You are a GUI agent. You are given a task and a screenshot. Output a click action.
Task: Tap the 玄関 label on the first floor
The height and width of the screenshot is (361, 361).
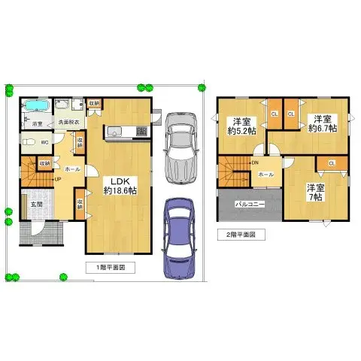(36, 204)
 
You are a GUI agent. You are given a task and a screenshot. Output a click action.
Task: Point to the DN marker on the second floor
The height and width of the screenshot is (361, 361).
(256, 162)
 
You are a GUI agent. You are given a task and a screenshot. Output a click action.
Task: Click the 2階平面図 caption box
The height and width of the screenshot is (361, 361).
(241, 234)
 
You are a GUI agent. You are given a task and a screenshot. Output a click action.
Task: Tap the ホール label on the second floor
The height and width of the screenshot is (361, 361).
(265, 174)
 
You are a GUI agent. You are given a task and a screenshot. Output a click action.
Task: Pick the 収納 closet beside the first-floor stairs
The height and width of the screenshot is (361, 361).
(44, 162)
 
